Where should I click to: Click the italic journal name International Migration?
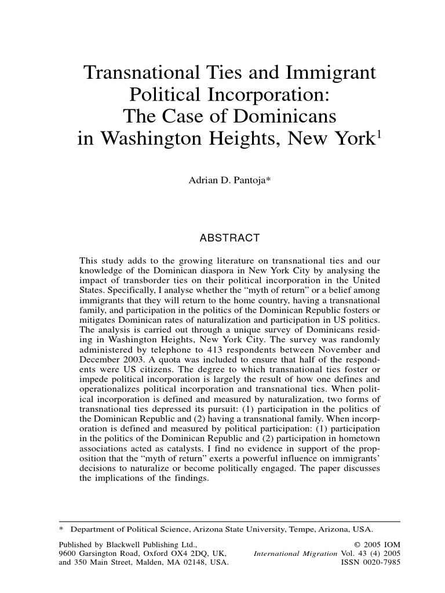coord(295,554)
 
